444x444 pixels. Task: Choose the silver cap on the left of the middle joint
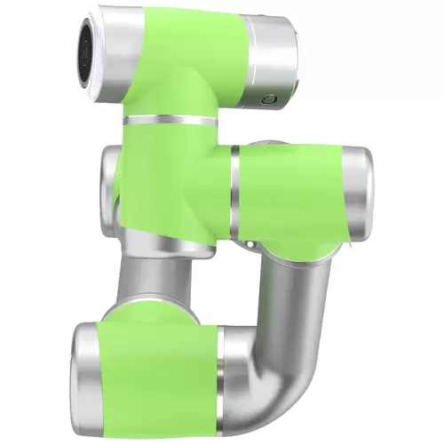pos(110,173)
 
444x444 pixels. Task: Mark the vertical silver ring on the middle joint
pos(234,186)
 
